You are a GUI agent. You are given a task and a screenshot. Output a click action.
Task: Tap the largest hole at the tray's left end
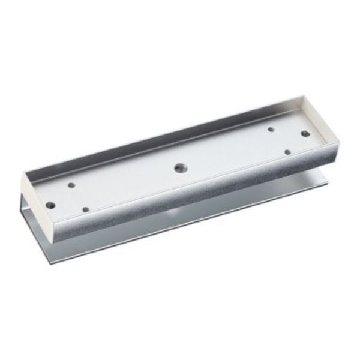coord(50,205)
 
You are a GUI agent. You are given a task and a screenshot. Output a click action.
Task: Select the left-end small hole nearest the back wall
coord(71,185)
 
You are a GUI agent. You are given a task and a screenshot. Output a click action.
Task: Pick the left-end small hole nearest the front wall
coord(85,209)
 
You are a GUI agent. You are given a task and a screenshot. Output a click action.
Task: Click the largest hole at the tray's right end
coord(305,133)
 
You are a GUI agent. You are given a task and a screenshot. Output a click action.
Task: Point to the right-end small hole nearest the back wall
coord(271,129)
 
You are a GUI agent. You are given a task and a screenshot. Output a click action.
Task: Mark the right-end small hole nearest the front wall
coord(287,152)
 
